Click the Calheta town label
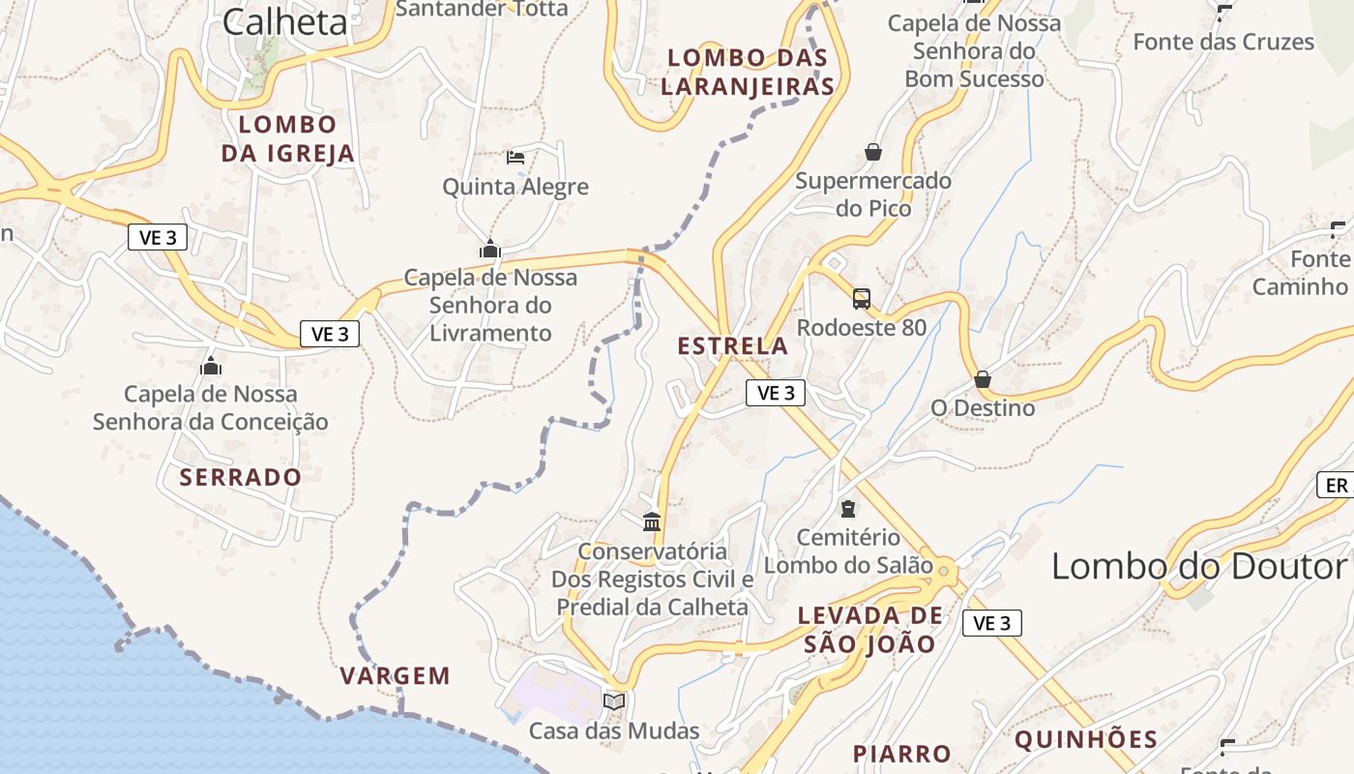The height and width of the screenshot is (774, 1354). [x=284, y=21]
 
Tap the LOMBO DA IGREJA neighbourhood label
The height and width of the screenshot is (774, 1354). [x=288, y=138]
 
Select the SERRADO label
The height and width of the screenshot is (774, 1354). [x=241, y=477]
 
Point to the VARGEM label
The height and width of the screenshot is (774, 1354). [x=396, y=676]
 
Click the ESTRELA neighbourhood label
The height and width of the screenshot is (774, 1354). [x=733, y=345]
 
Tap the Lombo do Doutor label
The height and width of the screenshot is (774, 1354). [x=1199, y=567]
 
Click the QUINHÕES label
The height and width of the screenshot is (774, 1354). [x=1086, y=740]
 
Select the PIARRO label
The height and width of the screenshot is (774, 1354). [x=902, y=754]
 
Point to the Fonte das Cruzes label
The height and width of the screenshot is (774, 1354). [x=1223, y=42]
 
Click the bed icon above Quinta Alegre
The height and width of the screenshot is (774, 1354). [x=515, y=157]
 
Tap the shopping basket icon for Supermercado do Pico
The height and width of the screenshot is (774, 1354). [x=873, y=152]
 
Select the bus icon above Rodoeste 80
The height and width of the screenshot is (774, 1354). [x=862, y=298]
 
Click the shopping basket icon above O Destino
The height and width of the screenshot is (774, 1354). [x=983, y=379]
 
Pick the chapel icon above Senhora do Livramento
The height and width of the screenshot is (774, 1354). [x=490, y=249]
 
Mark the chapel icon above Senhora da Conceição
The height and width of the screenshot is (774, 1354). [x=211, y=366]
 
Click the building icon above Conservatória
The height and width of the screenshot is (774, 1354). [x=652, y=522]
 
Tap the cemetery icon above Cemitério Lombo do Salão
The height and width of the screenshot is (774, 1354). [x=848, y=509]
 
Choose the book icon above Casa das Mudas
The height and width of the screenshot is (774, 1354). [x=614, y=701]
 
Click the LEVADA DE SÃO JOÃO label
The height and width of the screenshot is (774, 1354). [x=869, y=630]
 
